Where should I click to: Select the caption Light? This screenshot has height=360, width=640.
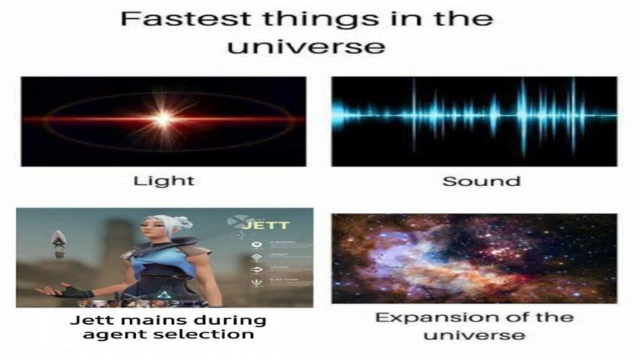tap(163, 180)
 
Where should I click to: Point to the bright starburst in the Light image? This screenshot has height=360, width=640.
tap(163, 119)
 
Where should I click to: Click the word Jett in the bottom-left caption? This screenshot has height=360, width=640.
tap(87, 319)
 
